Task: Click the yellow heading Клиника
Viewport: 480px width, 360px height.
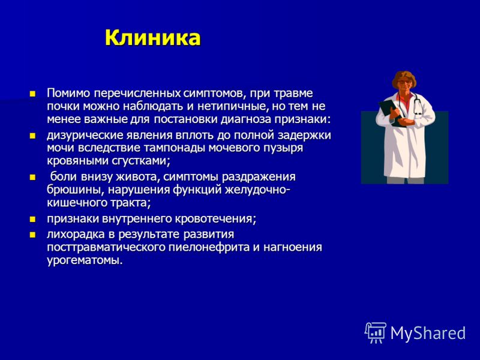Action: (x=153, y=38)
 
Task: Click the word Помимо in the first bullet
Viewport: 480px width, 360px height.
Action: (x=68, y=93)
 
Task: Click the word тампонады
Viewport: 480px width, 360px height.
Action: (x=175, y=148)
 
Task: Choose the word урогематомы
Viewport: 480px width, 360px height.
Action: (x=85, y=260)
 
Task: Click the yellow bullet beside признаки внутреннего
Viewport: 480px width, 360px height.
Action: (x=32, y=219)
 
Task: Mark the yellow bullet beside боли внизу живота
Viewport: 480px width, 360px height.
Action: (x=32, y=177)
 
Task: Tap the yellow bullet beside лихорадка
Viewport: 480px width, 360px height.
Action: (x=32, y=235)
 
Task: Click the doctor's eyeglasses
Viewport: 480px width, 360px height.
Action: (x=406, y=82)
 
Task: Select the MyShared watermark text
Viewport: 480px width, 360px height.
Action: (x=428, y=333)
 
